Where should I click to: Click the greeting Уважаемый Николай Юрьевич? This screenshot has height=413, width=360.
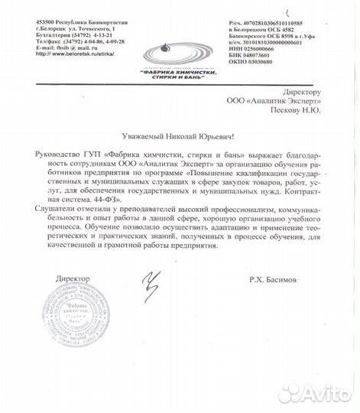pos(179,135)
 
